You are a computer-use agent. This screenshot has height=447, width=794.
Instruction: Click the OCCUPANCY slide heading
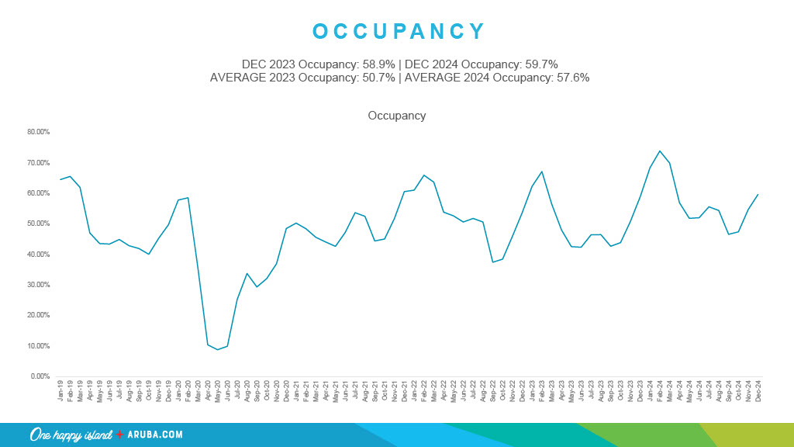click(x=399, y=31)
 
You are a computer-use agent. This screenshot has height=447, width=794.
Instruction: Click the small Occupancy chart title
click(x=396, y=116)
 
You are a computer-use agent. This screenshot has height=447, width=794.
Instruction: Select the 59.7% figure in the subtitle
click(x=540, y=64)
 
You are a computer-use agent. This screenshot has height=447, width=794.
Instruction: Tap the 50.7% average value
click(x=375, y=78)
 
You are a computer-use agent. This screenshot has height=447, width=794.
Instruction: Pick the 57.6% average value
click(x=572, y=78)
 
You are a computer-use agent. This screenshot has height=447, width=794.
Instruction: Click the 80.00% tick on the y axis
click(x=38, y=132)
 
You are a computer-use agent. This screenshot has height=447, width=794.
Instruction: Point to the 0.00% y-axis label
click(x=40, y=376)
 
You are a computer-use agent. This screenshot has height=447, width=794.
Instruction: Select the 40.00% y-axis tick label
click(x=38, y=255)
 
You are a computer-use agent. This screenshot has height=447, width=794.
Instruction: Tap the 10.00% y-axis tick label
click(x=38, y=346)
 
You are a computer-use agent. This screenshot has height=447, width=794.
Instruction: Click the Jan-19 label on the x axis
click(x=60, y=391)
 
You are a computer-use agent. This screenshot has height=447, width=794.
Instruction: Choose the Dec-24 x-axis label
click(x=758, y=391)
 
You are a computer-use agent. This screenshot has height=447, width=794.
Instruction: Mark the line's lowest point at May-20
click(x=218, y=349)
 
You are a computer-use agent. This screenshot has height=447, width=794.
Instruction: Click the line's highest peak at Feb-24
click(x=660, y=151)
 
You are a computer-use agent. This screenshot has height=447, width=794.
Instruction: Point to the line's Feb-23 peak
click(x=542, y=172)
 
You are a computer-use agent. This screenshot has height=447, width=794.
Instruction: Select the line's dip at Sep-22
click(x=492, y=262)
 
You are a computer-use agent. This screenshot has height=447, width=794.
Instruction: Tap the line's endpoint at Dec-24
click(x=758, y=194)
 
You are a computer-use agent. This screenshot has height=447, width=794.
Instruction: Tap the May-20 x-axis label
click(x=218, y=391)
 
